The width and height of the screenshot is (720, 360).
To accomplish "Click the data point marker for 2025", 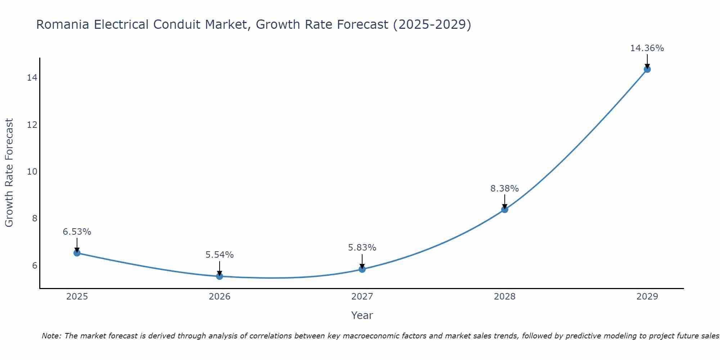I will pos(77,253).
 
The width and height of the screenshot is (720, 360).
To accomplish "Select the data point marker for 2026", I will pos(220,276).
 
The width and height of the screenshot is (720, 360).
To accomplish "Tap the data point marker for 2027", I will pos(362,269).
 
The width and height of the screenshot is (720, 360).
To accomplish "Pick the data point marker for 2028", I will pos(505,209).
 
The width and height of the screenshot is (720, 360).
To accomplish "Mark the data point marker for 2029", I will pos(647,69).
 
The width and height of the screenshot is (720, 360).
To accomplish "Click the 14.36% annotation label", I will pos(647,48).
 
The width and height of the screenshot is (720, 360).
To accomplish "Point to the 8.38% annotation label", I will pos(504,189).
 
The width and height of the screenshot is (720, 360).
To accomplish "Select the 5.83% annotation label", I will pos(362,248).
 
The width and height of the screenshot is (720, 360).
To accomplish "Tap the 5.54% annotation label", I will pos(220,255).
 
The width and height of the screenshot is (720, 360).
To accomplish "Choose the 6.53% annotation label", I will pos(77,232).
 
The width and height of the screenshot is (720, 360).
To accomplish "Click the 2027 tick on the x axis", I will pos(362,297).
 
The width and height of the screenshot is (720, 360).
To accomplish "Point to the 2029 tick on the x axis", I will pos(647,297).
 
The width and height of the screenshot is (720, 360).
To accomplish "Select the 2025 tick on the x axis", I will pos(77,297).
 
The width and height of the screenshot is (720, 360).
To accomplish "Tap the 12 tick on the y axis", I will pos(32,125).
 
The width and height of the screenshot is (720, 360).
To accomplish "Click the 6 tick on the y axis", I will pos(35,266).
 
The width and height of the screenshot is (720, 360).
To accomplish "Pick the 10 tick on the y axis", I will pos(32,172).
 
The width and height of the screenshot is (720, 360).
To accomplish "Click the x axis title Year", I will pos(362,315).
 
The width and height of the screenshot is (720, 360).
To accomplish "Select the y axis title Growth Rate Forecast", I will pos(9,173).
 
